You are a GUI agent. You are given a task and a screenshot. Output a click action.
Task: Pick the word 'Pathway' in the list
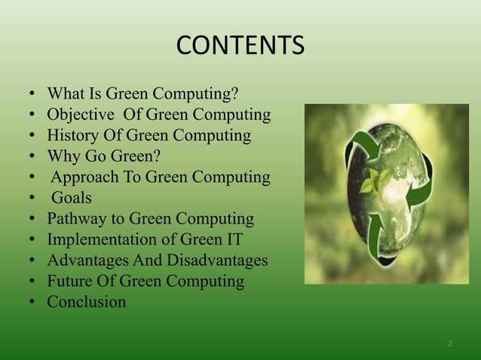(x=76, y=219)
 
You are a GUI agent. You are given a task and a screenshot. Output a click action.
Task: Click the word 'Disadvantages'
(x=216, y=261)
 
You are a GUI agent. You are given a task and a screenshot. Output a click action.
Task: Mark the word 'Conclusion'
(x=87, y=302)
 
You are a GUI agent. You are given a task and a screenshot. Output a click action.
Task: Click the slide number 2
(x=449, y=343)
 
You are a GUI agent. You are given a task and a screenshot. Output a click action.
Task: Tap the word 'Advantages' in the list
(x=86, y=261)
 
